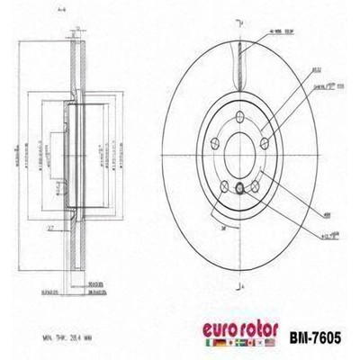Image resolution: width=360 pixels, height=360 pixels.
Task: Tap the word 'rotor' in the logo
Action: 264,329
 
